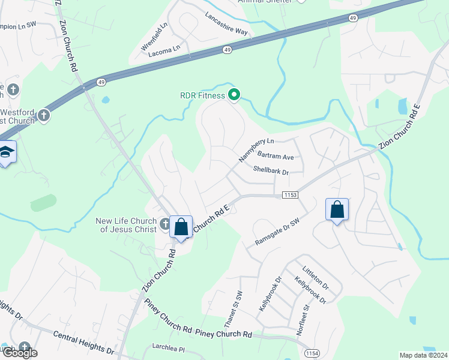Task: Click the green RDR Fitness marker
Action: tap(235, 95)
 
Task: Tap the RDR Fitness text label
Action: tap(202, 95)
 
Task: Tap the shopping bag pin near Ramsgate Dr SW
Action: tap(337, 209)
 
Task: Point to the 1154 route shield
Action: tap(310, 352)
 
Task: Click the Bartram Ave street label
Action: tap(279, 157)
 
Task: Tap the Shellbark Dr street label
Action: tap(271, 171)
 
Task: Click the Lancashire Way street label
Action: tap(226, 23)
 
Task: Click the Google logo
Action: tap(20, 353)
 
